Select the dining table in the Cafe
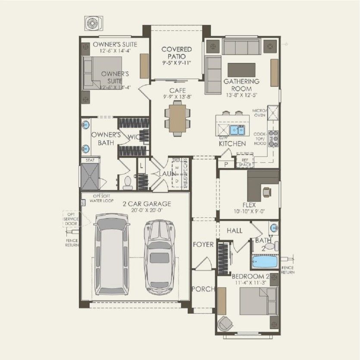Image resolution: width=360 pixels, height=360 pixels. [x=177, y=119]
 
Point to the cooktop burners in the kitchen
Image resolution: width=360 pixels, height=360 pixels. [x=272, y=139]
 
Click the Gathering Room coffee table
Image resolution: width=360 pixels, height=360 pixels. [x=241, y=69]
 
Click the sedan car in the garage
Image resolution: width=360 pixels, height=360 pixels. [x=159, y=255]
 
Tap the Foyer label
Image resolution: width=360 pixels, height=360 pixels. [x=203, y=244]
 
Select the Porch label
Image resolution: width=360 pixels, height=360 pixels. [x=203, y=289]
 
